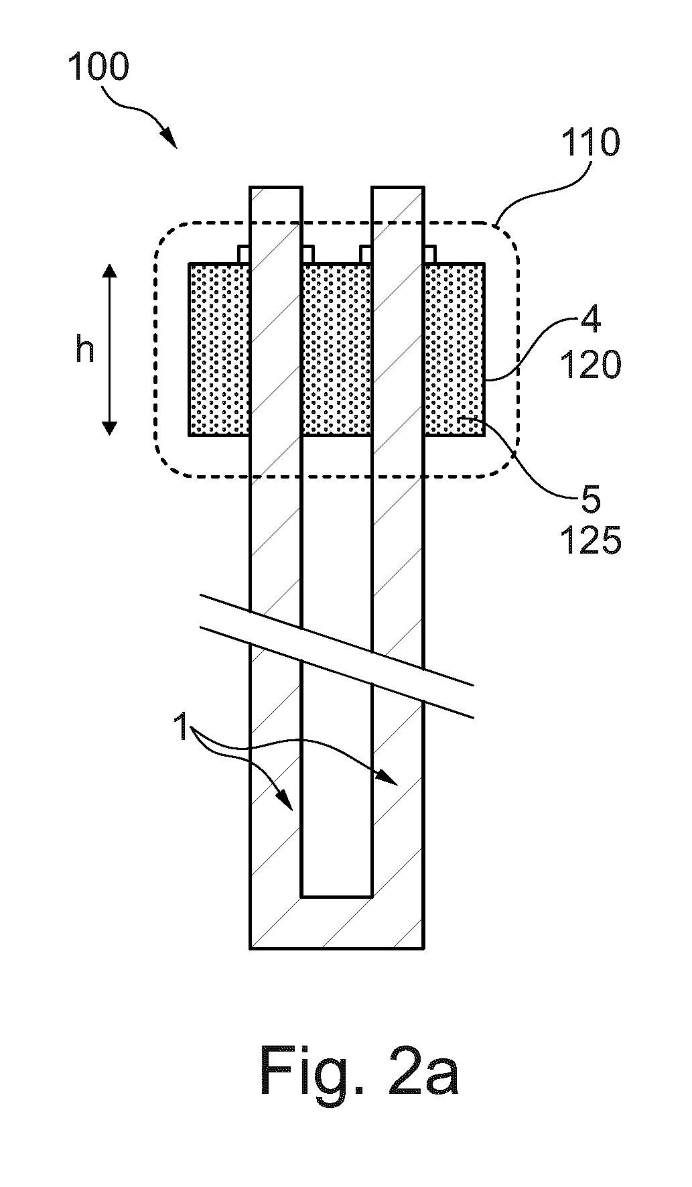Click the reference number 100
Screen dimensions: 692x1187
98,68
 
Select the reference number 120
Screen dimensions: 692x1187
590,365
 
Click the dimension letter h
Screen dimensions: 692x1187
84,349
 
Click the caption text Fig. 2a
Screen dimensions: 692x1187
359,1073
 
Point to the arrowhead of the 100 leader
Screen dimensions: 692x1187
171,139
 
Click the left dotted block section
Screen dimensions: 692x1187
220,349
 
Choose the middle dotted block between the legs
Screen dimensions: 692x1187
336,349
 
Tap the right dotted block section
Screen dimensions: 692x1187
454,349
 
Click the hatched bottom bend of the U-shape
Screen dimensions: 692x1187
336,922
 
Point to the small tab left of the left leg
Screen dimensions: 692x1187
245,255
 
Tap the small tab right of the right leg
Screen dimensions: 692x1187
429,255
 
